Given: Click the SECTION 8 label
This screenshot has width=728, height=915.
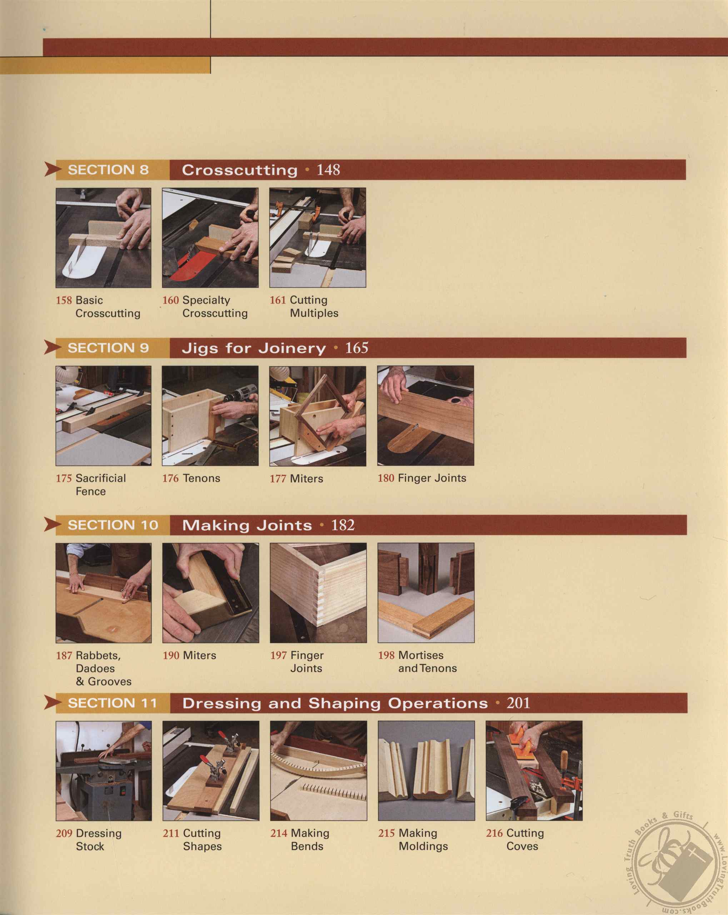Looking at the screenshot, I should pos(108,170).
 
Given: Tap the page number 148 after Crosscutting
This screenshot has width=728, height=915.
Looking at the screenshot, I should pos(328,170).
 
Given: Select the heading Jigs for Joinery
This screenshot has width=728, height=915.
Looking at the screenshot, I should pos(254,348).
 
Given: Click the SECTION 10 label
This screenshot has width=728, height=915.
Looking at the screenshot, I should pos(113,525).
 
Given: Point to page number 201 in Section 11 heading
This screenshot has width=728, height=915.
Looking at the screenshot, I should pos(518,703).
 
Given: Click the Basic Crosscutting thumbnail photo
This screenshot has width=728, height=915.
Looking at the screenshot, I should pos(103,238).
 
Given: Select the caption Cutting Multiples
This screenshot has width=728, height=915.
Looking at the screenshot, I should pos(314,306).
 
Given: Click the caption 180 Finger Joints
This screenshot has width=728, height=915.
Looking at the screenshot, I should pos(422,478).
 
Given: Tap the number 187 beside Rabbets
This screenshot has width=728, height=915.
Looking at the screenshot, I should pos(64,656).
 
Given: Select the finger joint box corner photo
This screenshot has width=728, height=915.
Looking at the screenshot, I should pos(318,593).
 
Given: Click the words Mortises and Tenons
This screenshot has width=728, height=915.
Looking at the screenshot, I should pos(427,662).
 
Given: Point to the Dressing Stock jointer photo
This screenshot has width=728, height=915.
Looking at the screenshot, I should pos(104,771).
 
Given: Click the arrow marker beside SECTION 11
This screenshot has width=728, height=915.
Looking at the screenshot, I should pos(53,703).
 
